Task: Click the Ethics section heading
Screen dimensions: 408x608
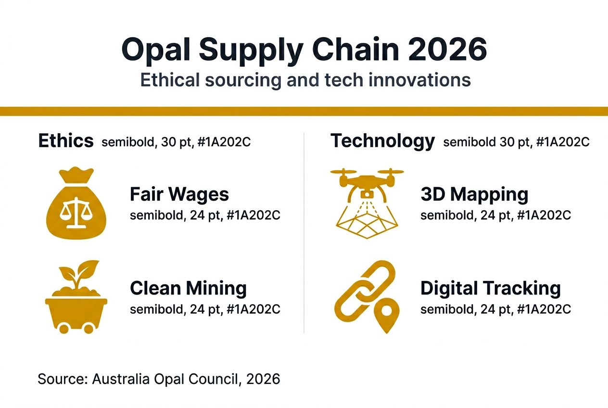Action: pos(66,141)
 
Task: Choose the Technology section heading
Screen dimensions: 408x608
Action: pos(382,141)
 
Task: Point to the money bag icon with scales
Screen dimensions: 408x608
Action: pos(76,202)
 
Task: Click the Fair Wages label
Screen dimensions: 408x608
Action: pos(179,194)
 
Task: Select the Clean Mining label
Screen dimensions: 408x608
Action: pos(188,288)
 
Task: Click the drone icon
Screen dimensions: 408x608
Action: pos(367,181)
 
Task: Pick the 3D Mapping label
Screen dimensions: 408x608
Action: pos(474,194)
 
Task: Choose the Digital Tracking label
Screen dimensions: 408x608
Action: pos(490,288)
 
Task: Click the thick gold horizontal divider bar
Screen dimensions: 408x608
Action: pos(304,111)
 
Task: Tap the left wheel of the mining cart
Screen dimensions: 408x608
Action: pos(63,329)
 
